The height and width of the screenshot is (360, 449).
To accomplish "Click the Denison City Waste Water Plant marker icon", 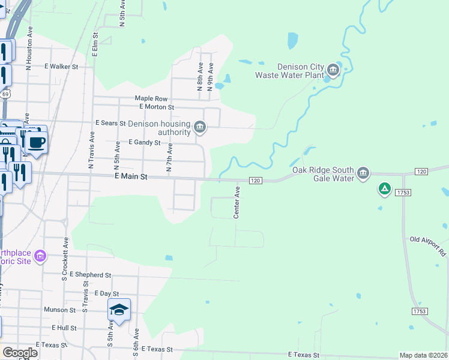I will [x=333, y=72].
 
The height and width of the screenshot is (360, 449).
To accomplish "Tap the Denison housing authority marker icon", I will [x=200, y=127].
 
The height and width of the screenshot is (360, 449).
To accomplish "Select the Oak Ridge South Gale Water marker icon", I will [x=363, y=174].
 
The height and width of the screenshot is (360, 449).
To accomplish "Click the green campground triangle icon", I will [x=385, y=190].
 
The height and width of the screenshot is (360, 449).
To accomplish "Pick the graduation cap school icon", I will [x=119, y=310].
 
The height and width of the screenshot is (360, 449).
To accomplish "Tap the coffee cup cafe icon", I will [x=37, y=142].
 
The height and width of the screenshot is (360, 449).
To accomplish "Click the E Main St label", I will [x=131, y=178].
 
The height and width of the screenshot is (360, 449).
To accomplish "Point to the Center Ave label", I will [x=237, y=202].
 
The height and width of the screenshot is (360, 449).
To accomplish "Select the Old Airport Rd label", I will [x=427, y=247].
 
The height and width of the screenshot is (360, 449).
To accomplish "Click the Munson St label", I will [x=59, y=310].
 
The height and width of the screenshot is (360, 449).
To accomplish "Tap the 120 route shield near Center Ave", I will [x=255, y=181].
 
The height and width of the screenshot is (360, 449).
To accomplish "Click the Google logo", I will [x=20, y=352].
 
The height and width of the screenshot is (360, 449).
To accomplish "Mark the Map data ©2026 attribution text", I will [x=423, y=355].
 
